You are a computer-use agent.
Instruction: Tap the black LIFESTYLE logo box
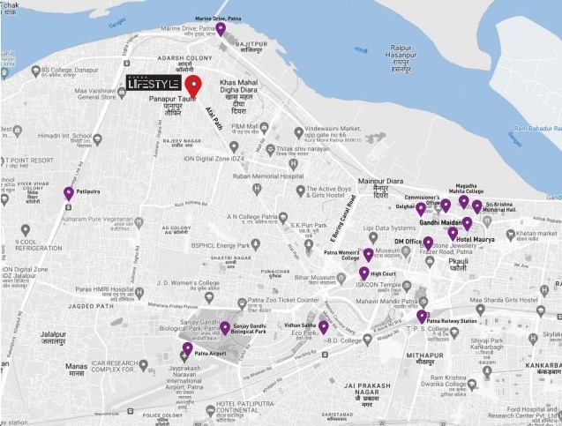click(153, 83)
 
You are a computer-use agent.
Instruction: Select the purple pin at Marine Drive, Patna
click(221, 29)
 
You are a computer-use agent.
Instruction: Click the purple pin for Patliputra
click(69, 194)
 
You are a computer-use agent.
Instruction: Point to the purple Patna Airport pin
click(188, 348)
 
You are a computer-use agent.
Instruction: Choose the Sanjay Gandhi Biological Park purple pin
click(225, 328)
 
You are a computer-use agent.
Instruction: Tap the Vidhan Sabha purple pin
click(324, 327)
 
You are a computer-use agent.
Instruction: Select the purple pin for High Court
click(364, 273)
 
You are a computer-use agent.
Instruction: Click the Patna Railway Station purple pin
click(422, 317)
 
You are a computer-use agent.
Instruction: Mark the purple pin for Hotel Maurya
click(453, 234)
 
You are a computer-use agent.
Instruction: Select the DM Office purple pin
click(428, 243)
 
